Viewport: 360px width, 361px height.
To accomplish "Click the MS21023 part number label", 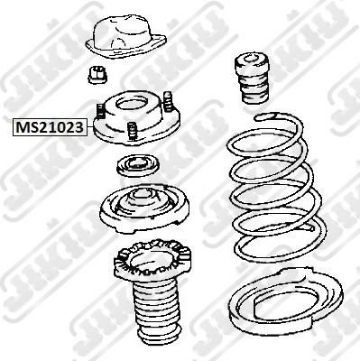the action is (50, 127).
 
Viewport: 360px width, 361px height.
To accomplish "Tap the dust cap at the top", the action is (126, 36).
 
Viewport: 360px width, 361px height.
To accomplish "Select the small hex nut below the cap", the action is (98, 75).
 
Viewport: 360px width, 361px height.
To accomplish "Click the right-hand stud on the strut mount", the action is (168, 101).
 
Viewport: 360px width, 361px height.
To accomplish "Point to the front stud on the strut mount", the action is (132, 131).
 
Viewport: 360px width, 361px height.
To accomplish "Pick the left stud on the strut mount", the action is (100, 112).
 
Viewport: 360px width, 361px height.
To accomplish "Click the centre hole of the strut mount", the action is (132, 105).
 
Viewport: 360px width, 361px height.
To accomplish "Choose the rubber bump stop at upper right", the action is (252, 79).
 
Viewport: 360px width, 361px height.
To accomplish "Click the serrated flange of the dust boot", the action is (152, 261).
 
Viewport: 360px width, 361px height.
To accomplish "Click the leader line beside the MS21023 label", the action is (90, 128).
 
